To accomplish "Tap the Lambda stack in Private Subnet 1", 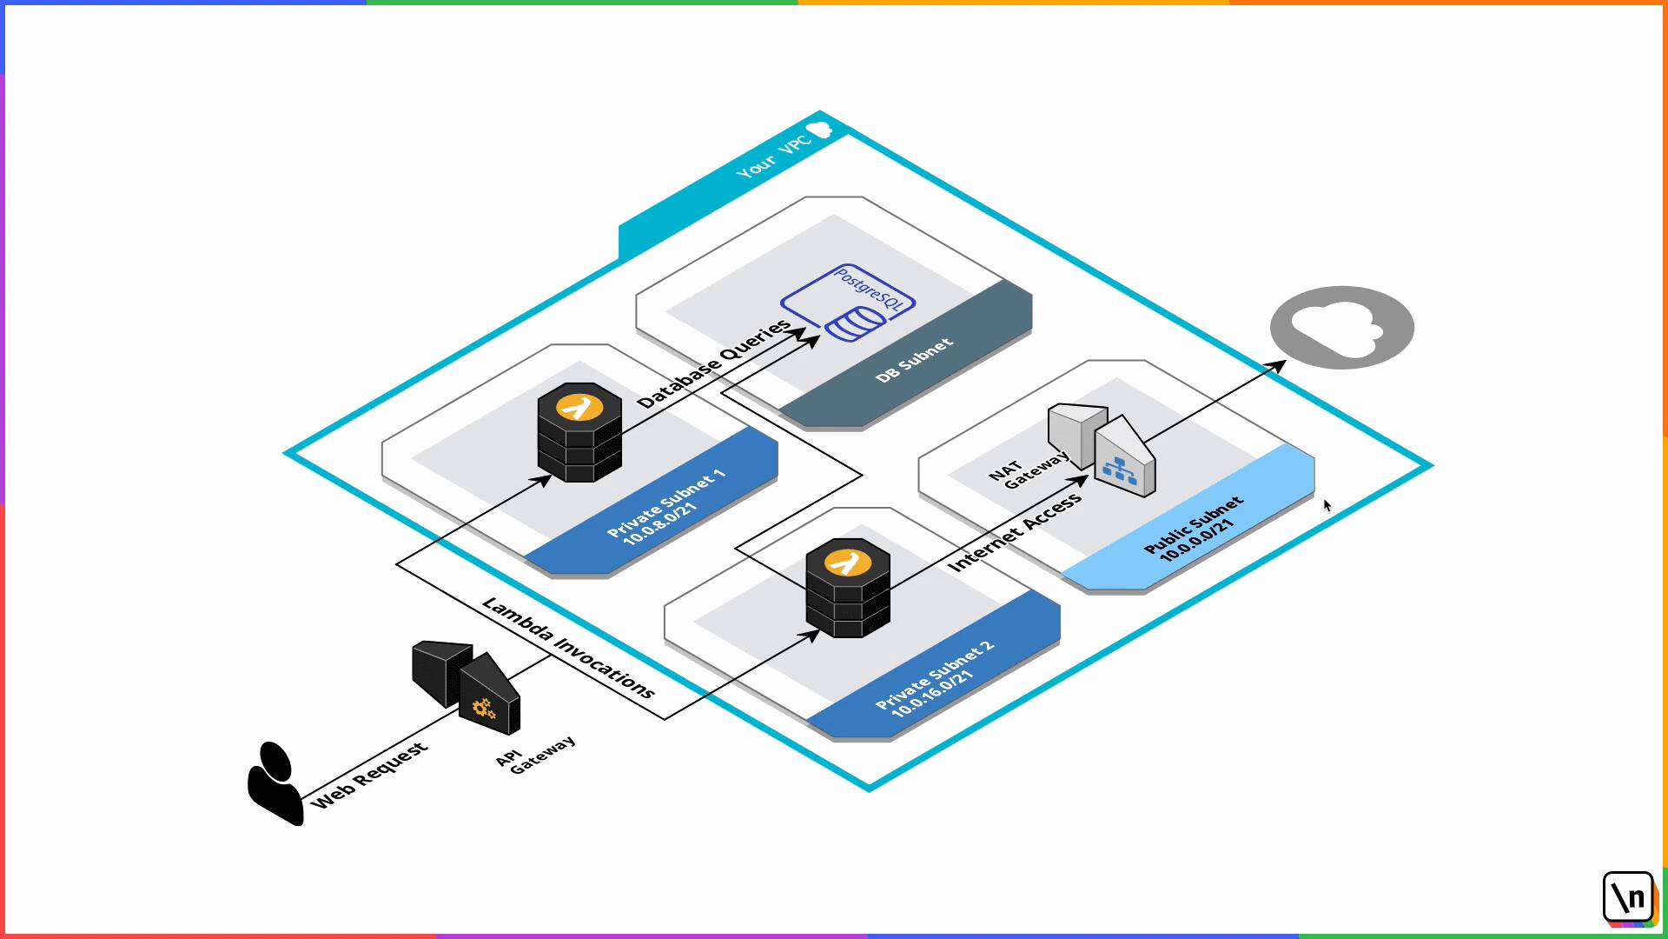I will point(579,432).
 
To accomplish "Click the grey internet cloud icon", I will point(1341,328).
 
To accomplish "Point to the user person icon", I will point(275,783).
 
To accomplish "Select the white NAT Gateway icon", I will point(1102,449).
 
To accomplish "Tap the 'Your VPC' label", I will point(773,156).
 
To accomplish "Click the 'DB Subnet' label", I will point(914,360).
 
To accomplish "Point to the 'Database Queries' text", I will point(713,363).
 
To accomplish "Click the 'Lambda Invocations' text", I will point(568,649).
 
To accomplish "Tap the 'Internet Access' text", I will point(1015,532).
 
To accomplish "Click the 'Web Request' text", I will point(369,775).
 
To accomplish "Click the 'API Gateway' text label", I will point(535,754).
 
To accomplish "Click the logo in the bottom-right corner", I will point(1629,897).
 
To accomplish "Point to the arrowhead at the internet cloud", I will point(1279,365).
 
